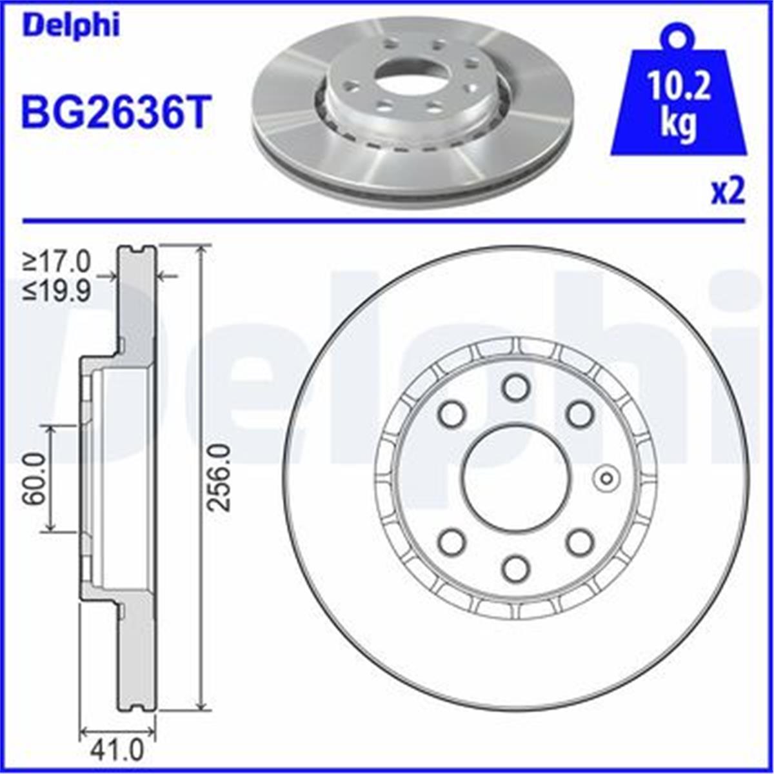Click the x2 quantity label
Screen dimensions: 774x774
tap(728, 192)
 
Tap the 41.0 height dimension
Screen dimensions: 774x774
tap(117, 751)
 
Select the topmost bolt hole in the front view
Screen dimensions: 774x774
tap(516, 388)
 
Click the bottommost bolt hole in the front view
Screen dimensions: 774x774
tap(516, 568)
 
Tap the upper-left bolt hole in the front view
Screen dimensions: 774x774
tap(451, 413)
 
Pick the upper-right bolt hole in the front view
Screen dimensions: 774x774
tap(580, 413)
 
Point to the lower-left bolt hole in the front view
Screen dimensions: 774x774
tap(451, 542)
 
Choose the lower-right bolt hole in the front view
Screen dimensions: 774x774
tap(580, 542)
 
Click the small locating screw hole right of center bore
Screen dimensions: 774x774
tap(606, 478)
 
